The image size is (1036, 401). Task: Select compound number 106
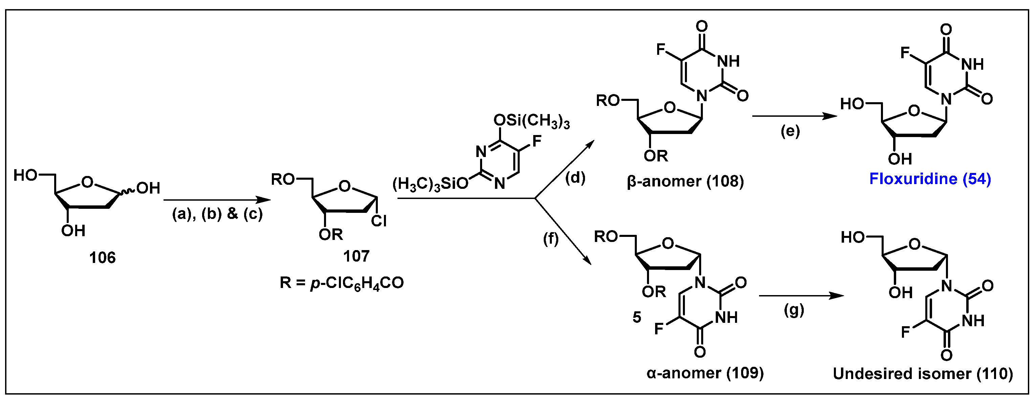point(102,258)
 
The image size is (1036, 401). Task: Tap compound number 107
point(356,256)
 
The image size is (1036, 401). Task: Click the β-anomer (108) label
point(685,182)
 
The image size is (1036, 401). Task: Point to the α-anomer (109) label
point(705,373)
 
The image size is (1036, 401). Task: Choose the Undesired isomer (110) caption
point(923,374)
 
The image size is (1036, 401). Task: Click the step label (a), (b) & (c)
point(217,214)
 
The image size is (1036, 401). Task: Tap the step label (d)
point(575,178)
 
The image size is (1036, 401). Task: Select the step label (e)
point(790,131)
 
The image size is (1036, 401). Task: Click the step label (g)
point(794,310)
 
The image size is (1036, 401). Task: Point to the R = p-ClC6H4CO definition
point(342,283)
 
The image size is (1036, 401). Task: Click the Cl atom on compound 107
point(379,221)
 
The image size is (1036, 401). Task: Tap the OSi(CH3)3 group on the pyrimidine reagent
point(531,121)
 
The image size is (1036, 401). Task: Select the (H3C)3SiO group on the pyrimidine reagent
point(430,184)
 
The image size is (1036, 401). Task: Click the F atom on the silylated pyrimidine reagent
point(537,141)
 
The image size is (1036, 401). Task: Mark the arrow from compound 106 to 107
point(217,200)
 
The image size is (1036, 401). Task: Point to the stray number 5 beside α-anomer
point(636,317)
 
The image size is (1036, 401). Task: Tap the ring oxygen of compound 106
point(87,183)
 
